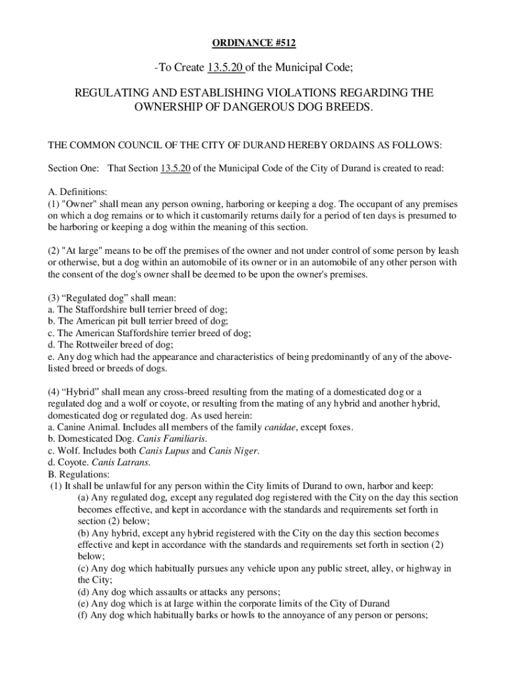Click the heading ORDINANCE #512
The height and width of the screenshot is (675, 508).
coord(254,44)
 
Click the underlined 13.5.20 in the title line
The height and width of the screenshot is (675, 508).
coord(226,67)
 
